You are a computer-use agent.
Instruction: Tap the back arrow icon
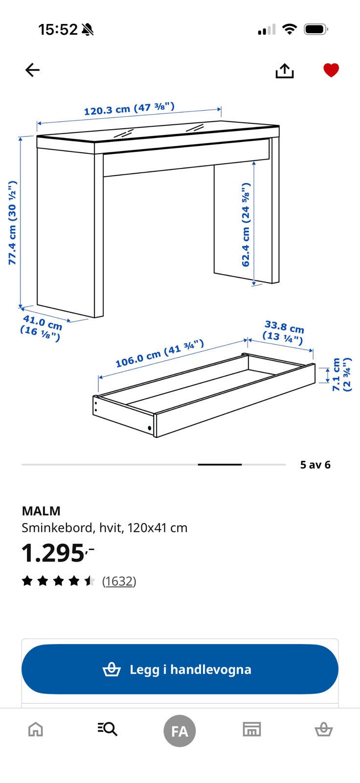pos(32,70)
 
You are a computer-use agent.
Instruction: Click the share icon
pos(285,70)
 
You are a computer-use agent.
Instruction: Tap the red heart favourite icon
pos(331,70)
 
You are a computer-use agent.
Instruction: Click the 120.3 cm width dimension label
pos(129,109)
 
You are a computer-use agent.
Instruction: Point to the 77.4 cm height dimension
pos(13,223)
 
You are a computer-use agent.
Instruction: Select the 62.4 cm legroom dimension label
pos(246,225)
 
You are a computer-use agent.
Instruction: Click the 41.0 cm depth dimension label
pos(41,327)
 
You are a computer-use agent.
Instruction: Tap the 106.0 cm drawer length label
pos(159,353)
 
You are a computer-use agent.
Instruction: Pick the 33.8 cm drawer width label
pos(284,332)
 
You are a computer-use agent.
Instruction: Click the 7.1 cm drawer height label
pos(341,374)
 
